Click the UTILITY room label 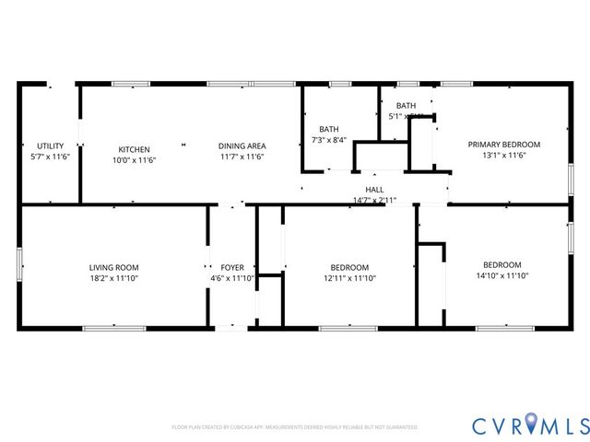pyautogui.click(x=50, y=146)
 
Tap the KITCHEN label pyautogui.click(x=134, y=149)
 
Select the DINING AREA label pyautogui.click(x=242, y=145)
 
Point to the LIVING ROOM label pyautogui.click(x=114, y=267)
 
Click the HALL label pyautogui.click(x=374, y=190)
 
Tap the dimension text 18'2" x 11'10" pyautogui.click(x=114, y=277)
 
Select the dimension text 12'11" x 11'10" pyautogui.click(x=349, y=277)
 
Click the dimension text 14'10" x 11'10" pyautogui.click(x=501, y=275)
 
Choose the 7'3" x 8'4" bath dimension pyautogui.click(x=329, y=140)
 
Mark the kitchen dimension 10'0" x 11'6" pyautogui.click(x=134, y=159)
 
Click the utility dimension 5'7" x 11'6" pyautogui.click(x=50, y=157)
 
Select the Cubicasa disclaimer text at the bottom pyautogui.click(x=295, y=427)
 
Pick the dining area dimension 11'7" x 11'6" pyautogui.click(x=242, y=157)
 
